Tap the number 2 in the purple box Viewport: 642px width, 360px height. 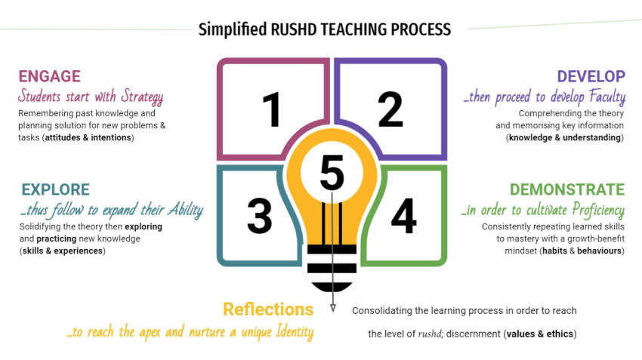[x=390, y=109]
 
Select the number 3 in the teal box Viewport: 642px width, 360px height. [x=259, y=214]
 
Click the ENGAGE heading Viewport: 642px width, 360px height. [x=49, y=76]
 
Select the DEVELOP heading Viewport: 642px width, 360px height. [x=591, y=76]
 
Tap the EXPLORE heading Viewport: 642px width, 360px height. [x=56, y=189]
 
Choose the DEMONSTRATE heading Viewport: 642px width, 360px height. [x=566, y=189]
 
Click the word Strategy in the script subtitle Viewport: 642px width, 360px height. [x=138, y=97]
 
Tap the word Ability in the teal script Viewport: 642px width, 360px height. [x=181, y=210]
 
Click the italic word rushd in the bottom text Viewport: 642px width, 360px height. [x=432, y=334]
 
